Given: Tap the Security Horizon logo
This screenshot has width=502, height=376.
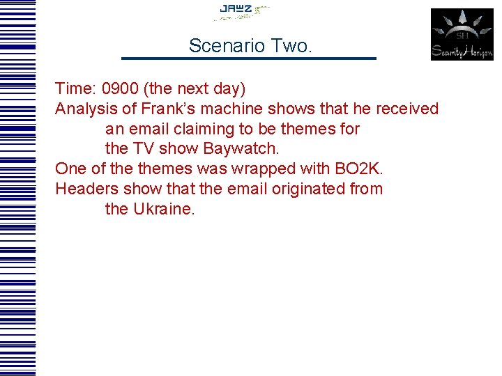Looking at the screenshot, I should click(462, 34).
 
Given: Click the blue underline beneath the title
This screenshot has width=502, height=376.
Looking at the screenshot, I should click(248, 58).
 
